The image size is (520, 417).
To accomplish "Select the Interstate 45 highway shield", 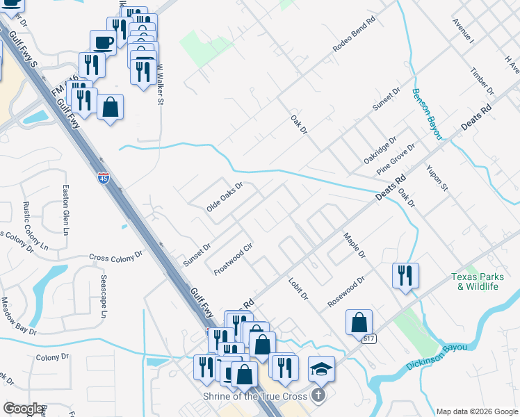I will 103,178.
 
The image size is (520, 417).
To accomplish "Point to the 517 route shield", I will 368,338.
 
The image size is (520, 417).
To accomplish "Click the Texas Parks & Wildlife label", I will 485,281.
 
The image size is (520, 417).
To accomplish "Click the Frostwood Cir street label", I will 232,259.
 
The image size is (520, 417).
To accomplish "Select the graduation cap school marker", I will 322,369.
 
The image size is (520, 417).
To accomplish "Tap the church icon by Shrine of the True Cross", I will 318,396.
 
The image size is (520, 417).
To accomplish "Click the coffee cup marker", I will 103,42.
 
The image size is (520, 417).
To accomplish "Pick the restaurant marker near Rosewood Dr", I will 405,275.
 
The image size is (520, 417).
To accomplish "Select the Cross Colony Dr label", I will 115,257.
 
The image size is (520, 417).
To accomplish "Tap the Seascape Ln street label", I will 104,295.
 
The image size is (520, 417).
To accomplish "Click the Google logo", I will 23,409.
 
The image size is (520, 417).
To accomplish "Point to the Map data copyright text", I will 476,411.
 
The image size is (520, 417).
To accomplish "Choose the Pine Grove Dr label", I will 396,159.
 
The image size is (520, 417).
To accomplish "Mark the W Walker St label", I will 160,85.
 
